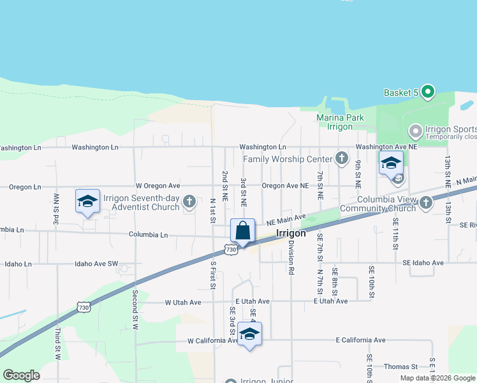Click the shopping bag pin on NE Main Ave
tap(243, 231)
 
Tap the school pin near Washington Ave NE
tap(391, 163)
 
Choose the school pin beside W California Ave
tap(249, 334)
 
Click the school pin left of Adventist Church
tap(87, 202)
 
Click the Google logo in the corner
tap(21, 375)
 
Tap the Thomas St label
tap(400, 366)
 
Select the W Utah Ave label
tap(183, 302)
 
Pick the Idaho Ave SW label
tap(97, 263)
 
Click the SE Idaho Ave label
tap(423, 263)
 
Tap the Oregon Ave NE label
tap(285, 186)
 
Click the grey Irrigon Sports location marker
tap(416, 131)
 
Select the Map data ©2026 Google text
tap(437, 378)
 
